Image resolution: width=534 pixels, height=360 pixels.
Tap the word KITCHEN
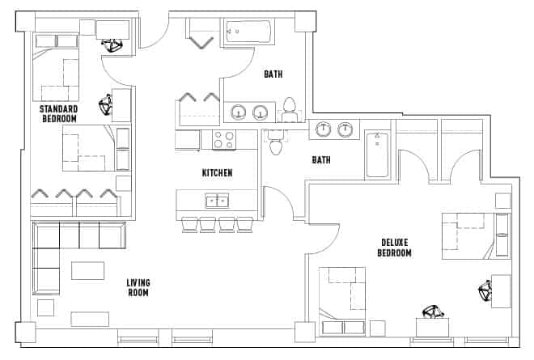[x=217, y=173]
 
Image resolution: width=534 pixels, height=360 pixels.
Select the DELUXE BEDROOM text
[x=394, y=248]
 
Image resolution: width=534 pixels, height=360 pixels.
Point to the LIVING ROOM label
[x=138, y=287]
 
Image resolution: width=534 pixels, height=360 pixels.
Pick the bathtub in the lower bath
[x=376, y=155]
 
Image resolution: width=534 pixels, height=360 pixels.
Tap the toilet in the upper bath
[x=290, y=108]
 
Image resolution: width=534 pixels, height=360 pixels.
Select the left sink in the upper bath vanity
[x=239, y=112]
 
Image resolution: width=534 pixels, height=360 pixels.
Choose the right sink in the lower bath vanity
[x=347, y=129]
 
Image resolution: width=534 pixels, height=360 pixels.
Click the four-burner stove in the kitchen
[x=223, y=139]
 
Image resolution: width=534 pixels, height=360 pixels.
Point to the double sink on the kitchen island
[x=216, y=200]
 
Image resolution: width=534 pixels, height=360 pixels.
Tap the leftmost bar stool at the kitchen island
[x=189, y=223]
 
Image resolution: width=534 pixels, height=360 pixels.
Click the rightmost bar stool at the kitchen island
[x=245, y=223]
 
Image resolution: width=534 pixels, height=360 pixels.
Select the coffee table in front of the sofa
[x=89, y=269]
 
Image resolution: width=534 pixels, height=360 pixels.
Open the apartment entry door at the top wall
[x=154, y=31]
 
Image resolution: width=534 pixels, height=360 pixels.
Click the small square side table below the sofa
[x=46, y=307]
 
